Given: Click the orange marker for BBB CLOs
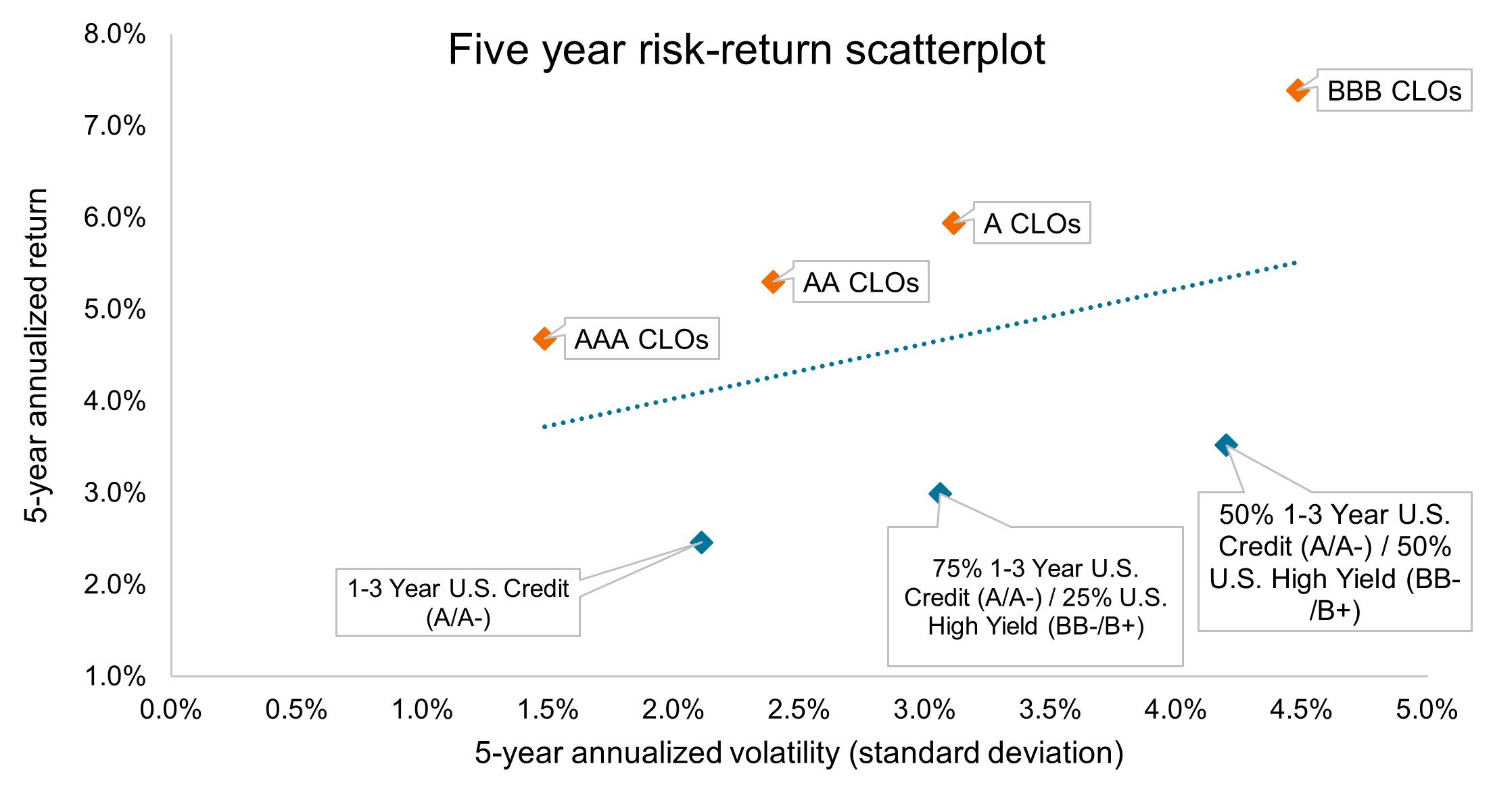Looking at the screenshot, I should coord(1298,90).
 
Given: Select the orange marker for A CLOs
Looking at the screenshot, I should coord(953,223).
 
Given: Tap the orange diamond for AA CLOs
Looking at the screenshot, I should coord(773,282).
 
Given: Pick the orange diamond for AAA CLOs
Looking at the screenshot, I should coord(544,338).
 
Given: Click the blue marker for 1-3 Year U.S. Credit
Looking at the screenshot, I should coord(701,542).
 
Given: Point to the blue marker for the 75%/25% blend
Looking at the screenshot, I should coord(939,493).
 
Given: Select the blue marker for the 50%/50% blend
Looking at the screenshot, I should coord(1226,445).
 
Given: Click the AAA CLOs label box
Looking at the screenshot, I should coord(641,338).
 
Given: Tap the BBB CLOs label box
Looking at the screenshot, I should coord(1394,90).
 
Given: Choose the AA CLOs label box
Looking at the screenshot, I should coord(860,282).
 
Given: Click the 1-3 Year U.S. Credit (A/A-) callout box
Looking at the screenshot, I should coord(458,602).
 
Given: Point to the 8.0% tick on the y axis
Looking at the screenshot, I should coord(114,34).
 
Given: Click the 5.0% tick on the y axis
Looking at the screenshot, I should coord(114,309).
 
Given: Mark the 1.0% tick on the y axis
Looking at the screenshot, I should coord(114,676).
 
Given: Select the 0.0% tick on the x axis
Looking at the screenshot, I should coord(170,710).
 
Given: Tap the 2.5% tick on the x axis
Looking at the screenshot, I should coord(799,710).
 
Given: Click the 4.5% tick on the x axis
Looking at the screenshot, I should coord(1301,710).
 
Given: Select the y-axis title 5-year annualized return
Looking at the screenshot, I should coord(37,355).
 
